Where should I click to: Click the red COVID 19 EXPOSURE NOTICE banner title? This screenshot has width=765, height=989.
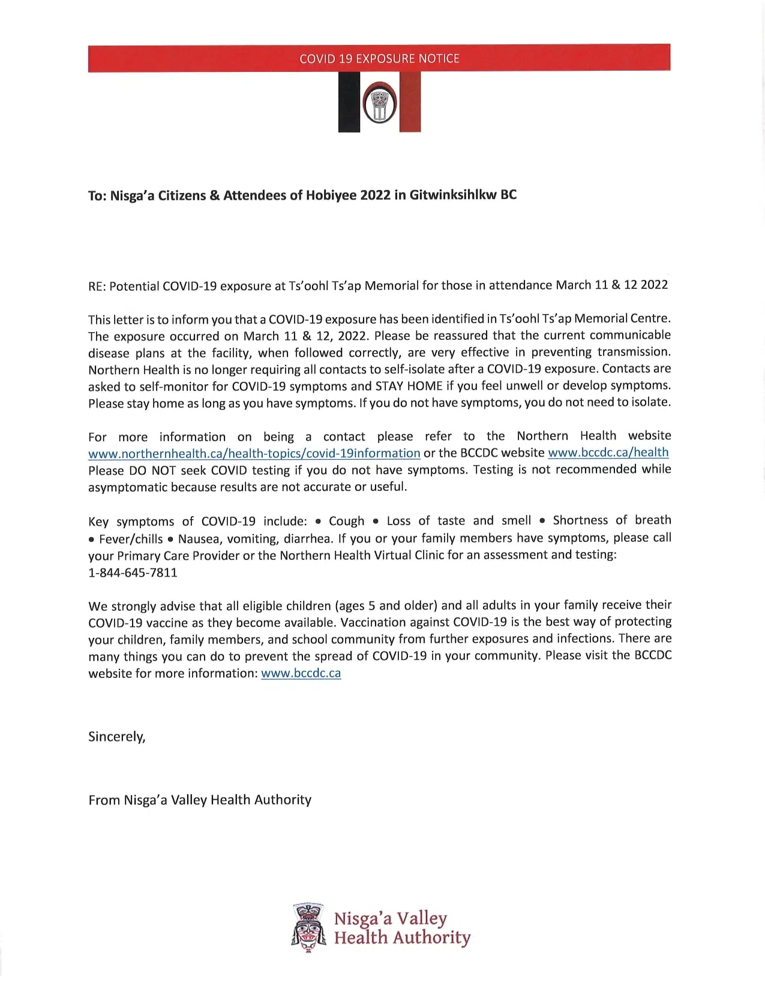[x=379, y=59]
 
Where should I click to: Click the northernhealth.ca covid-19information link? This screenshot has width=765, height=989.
[x=254, y=453]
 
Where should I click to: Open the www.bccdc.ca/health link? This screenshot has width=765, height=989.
[x=608, y=453]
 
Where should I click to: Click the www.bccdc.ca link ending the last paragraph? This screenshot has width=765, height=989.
[x=301, y=673]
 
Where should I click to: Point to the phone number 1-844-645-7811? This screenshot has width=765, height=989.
[x=133, y=572]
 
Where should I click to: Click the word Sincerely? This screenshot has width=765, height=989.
[x=117, y=737]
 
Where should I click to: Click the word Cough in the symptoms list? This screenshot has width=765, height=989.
[x=346, y=521]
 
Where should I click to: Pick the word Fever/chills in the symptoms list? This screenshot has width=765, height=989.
[x=131, y=539]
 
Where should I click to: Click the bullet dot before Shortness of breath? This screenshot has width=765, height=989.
[x=542, y=521]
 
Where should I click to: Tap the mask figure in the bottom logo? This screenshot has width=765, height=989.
[x=309, y=927]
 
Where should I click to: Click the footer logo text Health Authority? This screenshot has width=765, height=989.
[x=402, y=937]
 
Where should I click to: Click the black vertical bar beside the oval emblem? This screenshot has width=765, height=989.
[x=349, y=102]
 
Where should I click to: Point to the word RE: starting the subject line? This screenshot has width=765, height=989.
[x=97, y=286]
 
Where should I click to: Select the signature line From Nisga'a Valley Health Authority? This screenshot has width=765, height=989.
[x=200, y=800]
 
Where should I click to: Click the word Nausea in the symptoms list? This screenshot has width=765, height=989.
[x=198, y=539]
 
